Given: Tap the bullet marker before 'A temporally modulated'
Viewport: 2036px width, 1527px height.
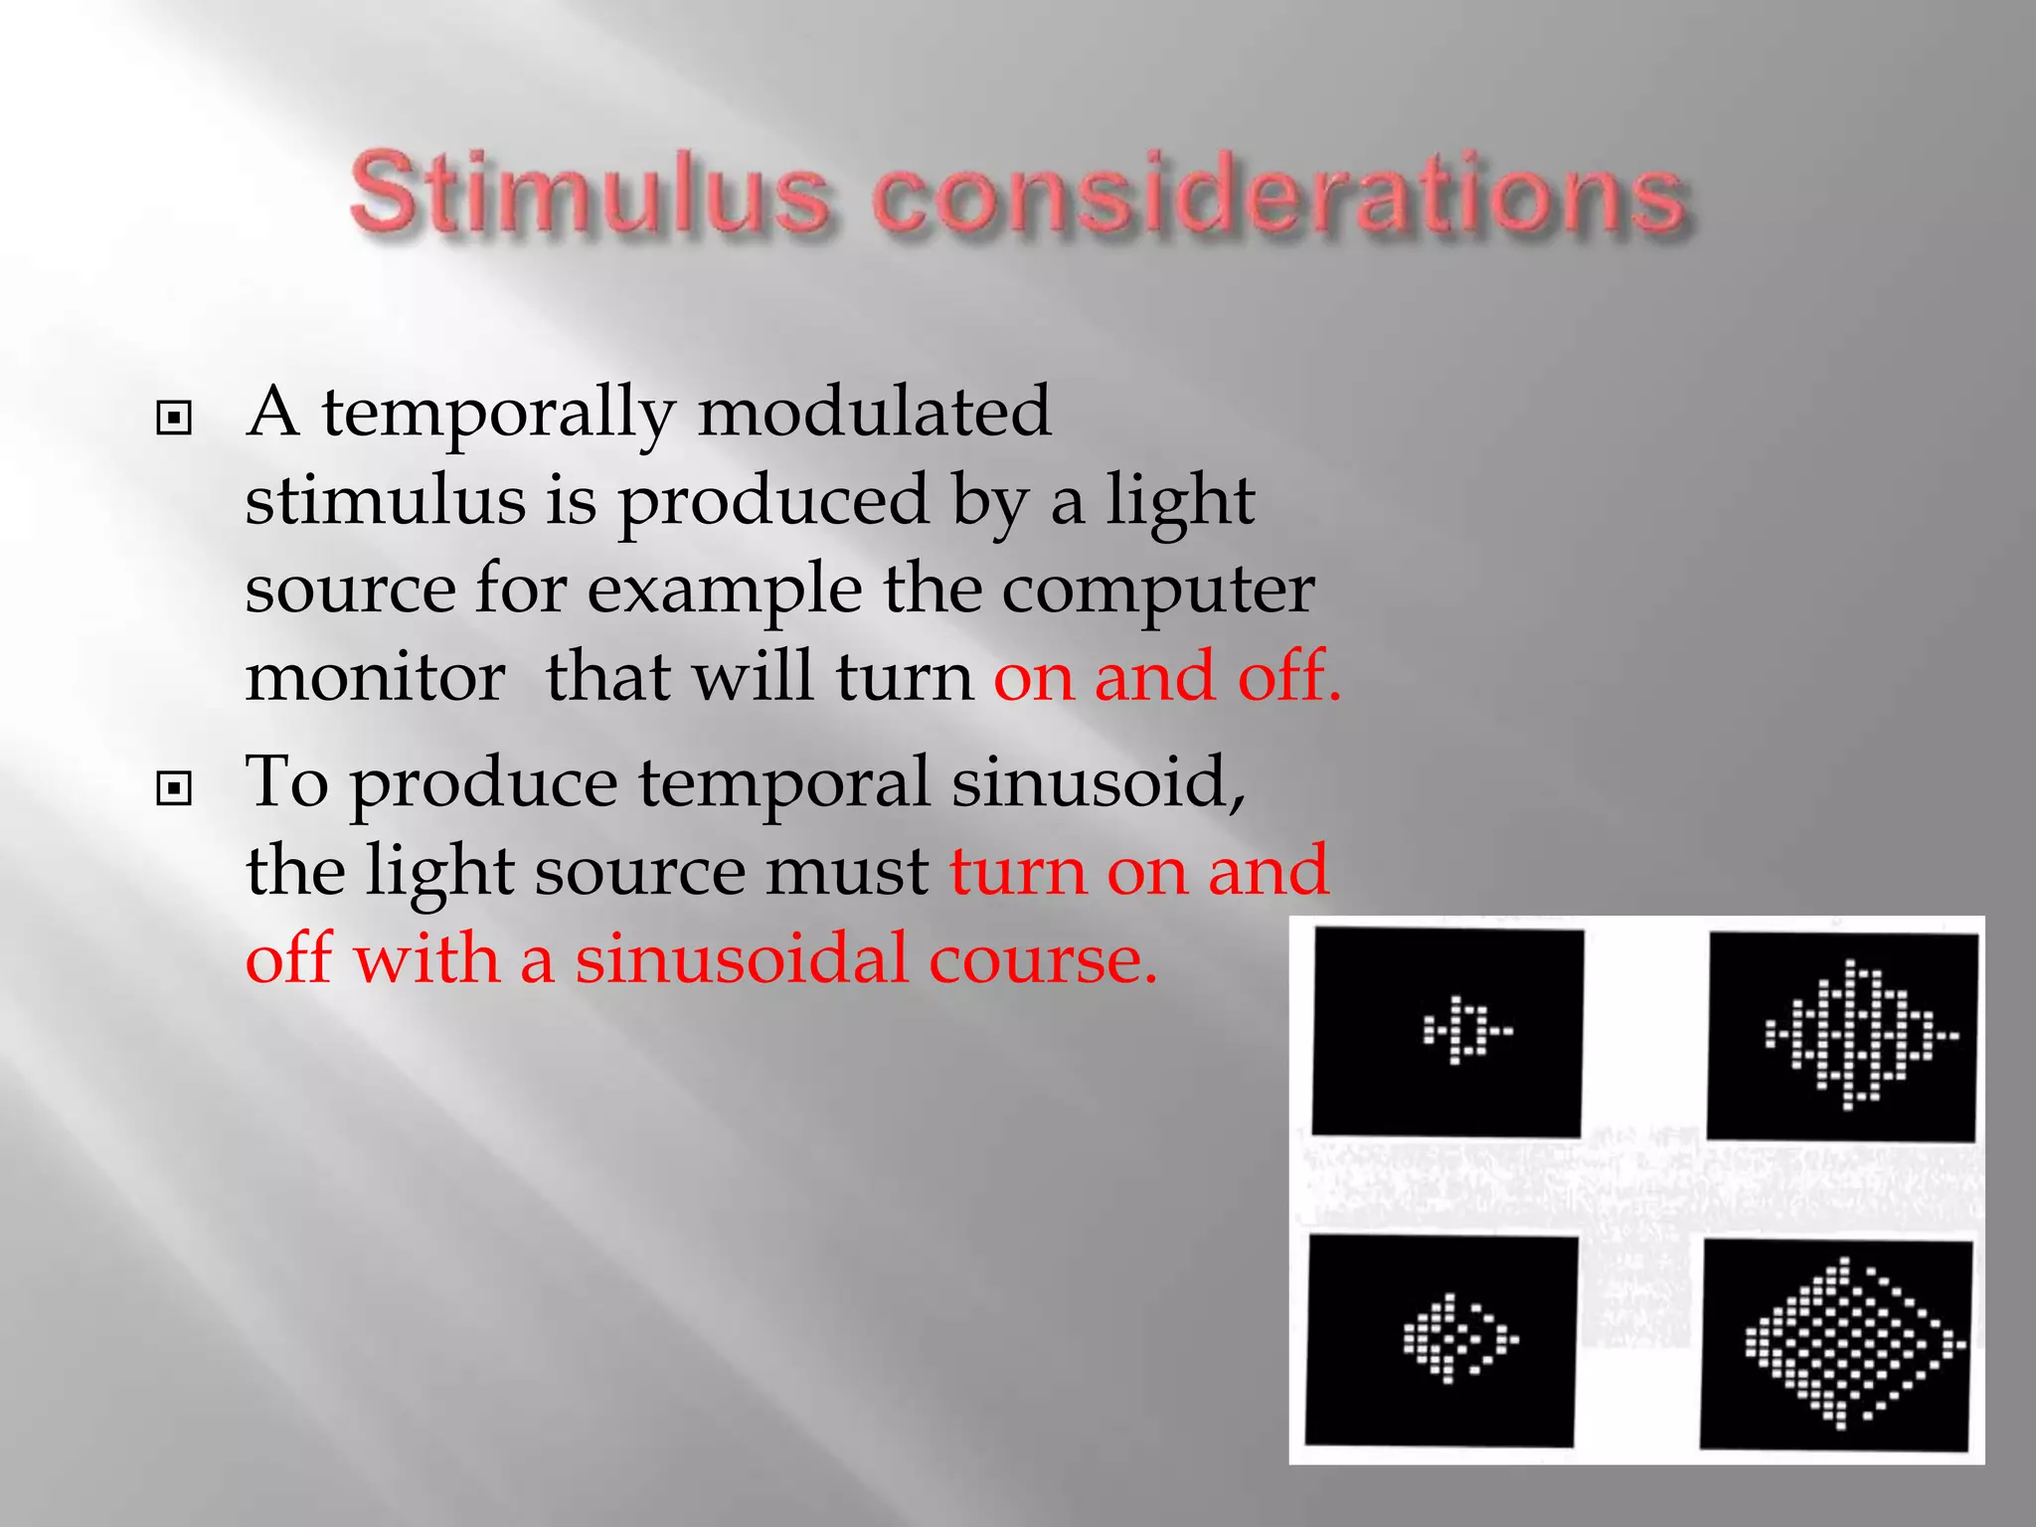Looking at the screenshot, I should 174,419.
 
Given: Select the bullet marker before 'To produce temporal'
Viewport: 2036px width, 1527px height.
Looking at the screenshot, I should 174,789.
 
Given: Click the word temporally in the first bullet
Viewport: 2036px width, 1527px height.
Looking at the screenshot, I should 497,414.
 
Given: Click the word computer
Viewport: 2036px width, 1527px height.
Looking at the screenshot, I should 1157,591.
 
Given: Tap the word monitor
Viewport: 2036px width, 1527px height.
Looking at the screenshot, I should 375,677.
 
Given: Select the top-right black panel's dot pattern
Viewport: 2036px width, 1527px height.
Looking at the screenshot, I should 1858,1035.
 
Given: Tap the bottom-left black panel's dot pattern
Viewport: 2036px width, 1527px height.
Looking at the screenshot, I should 1457,1338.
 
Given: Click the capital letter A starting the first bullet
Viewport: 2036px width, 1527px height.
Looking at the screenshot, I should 272,412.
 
